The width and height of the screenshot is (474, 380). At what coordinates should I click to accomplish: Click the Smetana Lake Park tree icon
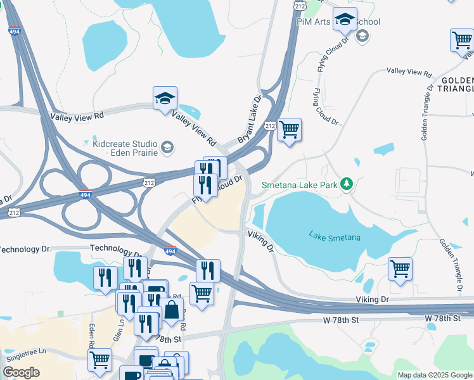[346, 184]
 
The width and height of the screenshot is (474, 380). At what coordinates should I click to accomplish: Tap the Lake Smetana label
[335, 237]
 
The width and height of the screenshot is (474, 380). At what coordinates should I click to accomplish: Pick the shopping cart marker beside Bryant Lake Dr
[289, 130]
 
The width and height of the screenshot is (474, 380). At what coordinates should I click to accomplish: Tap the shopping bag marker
[171, 310]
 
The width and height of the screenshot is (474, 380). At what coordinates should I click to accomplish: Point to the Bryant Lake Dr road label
[249, 119]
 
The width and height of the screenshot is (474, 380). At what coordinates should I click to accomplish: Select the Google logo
[21, 372]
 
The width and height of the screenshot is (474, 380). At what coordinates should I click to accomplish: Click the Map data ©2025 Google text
[435, 375]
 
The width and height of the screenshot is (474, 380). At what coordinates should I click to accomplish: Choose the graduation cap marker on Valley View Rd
[165, 99]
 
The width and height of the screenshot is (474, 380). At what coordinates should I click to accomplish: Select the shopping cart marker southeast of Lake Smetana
[400, 269]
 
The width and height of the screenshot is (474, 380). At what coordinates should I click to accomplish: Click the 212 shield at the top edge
[300, 4]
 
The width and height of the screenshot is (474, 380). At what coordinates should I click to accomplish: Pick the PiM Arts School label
[338, 22]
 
